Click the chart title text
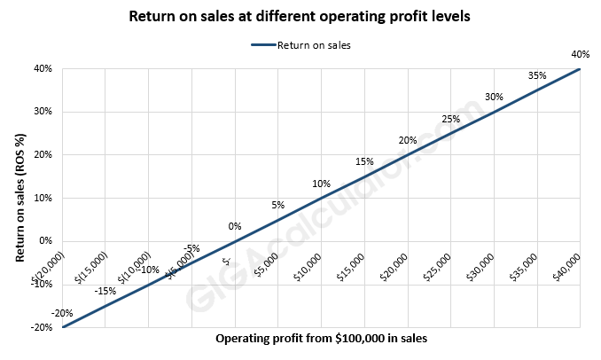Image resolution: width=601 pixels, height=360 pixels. coord(300,17)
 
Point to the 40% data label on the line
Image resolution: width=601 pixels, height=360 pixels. coord(581,55)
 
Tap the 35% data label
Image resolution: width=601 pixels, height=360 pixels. coord(537,76)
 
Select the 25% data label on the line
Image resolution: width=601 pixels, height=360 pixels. coord(450,119)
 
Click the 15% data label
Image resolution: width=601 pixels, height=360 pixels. coord(364,162)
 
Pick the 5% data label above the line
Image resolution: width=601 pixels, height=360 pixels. coord(278,205)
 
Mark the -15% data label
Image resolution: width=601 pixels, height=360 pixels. coord(106,291)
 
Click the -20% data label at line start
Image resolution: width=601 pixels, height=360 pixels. coord(62,313)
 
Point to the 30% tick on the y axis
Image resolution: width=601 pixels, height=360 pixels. coord(43,112)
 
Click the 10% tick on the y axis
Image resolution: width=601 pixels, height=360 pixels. coord(43,198)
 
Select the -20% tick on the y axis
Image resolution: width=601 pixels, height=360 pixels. coord(41,327)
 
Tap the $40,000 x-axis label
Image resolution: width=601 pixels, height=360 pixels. coord(567,266)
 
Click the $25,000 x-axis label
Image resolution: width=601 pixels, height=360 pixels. coord(438,266)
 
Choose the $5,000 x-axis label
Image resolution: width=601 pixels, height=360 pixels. coord(266,266)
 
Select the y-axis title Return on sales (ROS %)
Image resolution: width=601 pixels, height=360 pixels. coord(19,198)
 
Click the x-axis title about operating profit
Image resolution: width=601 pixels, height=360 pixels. coord(321,339)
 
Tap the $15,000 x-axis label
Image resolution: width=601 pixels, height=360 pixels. coord(352,266)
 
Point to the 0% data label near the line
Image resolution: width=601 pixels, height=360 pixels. coord(235,226)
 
